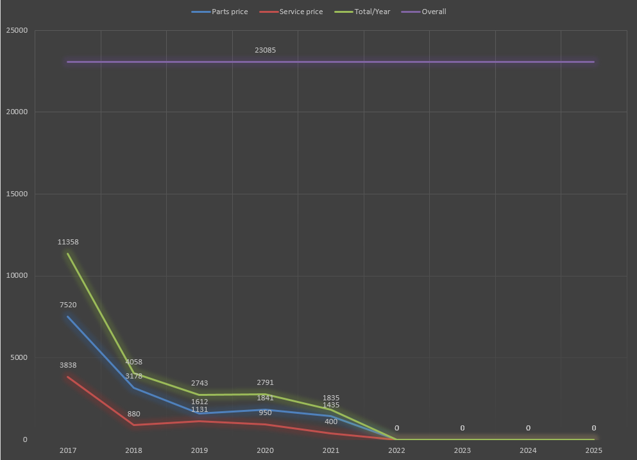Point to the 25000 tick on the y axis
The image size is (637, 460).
tap(17, 30)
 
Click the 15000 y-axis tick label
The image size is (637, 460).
tap(17, 194)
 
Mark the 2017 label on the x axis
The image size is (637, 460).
tap(68, 450)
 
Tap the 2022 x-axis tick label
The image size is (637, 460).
tap(396, 450)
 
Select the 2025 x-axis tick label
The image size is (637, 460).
tap(594, 450)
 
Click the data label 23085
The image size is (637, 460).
tap(265, 50)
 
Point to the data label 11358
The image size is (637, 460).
tap(68, 242)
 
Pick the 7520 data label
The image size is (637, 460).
tap(68, 305)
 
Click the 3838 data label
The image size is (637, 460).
tap(68, 365)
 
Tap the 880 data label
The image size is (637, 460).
tap(133, 414)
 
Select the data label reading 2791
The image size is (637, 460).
tap(265, 383)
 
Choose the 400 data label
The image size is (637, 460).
tap(331, 422)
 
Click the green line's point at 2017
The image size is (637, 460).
tap(68, 253)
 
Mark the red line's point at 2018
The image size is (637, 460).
tap(133, 425)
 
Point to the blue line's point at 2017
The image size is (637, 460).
tap(68, 316)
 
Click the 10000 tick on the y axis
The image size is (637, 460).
tap(17, 276)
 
